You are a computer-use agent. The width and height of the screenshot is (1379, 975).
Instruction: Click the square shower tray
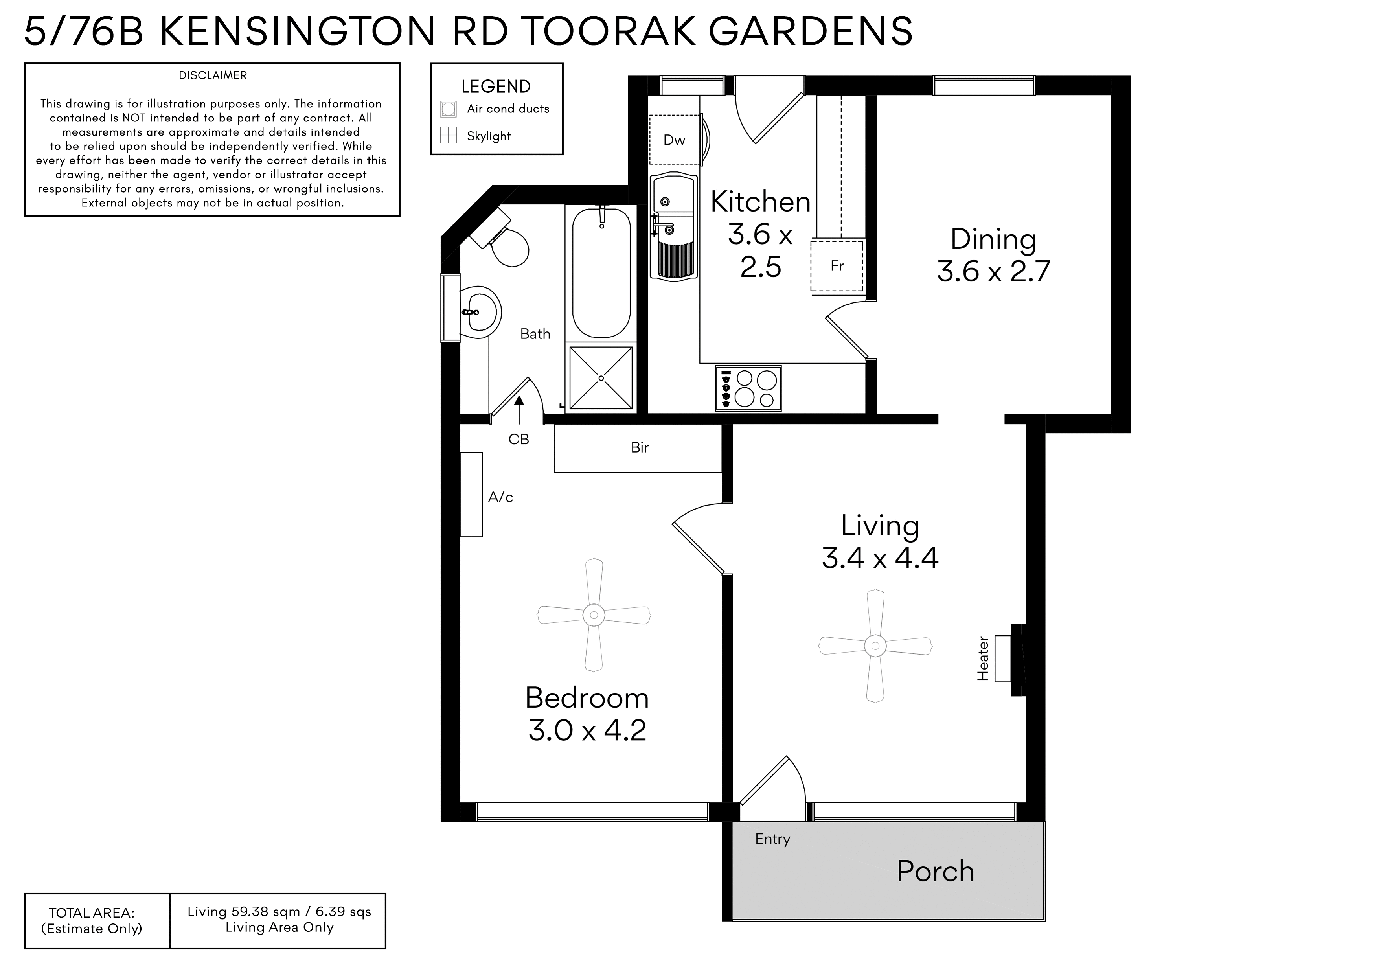[601, 378]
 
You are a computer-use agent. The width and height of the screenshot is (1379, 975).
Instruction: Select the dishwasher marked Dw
[675, 140]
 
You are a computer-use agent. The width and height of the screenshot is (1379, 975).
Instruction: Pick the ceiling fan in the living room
[875, 646]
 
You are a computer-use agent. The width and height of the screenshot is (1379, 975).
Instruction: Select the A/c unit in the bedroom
[471, 495]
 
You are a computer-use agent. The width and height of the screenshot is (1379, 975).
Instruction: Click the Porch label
[935, 871]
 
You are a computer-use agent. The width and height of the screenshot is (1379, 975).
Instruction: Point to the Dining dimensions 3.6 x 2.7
[993, 272]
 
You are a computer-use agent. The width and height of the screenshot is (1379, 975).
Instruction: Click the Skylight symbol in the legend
[448, 136]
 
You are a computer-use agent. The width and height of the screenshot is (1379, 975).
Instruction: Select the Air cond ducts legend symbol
[448, 109]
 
